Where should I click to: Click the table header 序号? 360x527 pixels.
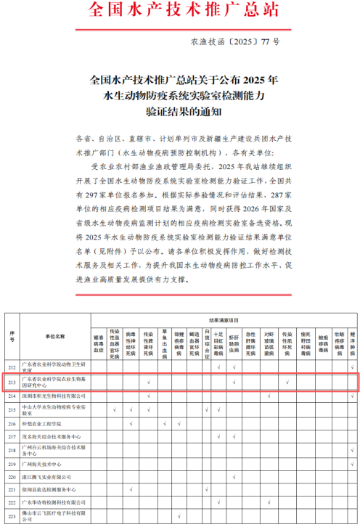pyautogui.click(x=12, y=336)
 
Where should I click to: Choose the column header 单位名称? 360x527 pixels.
pyautogui.click(x=54, y=337)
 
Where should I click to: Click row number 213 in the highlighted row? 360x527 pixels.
pyautogui.click(x=12, y=381)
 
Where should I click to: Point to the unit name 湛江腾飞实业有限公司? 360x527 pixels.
pyautogui.click(x=49, y=477)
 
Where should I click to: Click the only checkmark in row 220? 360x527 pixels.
pyautogui.click(x=234, y=477)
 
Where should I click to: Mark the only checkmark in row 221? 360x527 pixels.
pyautogui.click(x=131, y=490)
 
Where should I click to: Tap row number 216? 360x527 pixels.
pyautogui.click(x=12, y=422)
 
